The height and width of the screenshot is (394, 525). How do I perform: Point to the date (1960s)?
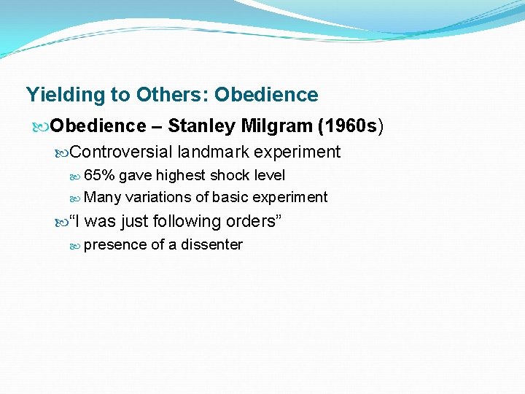pos(351,126)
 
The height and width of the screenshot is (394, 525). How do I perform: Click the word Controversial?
pos(122,152)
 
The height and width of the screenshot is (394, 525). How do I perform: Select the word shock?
pos(230,176)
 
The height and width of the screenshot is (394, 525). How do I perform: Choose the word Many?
pos(103,198)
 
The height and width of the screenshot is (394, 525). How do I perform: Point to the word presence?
pos(115,245)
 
